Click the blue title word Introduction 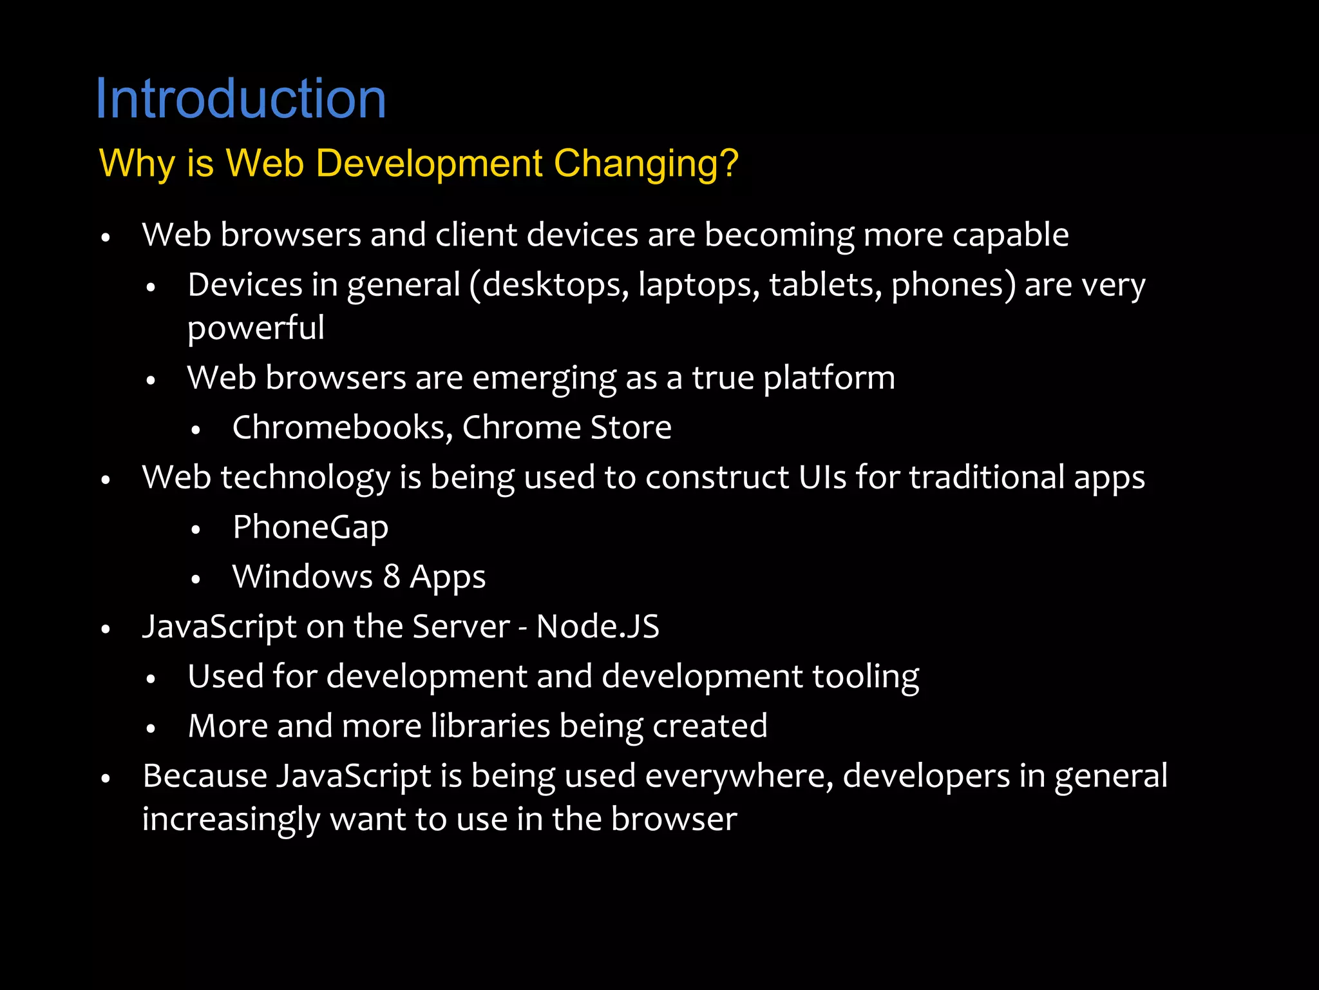coord(241,99)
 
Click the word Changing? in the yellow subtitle coord(646,163)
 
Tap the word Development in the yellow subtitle coord(429,164)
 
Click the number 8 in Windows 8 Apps coord(392,577)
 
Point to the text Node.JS coord(598,626)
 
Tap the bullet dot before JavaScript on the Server coord(106,629)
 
